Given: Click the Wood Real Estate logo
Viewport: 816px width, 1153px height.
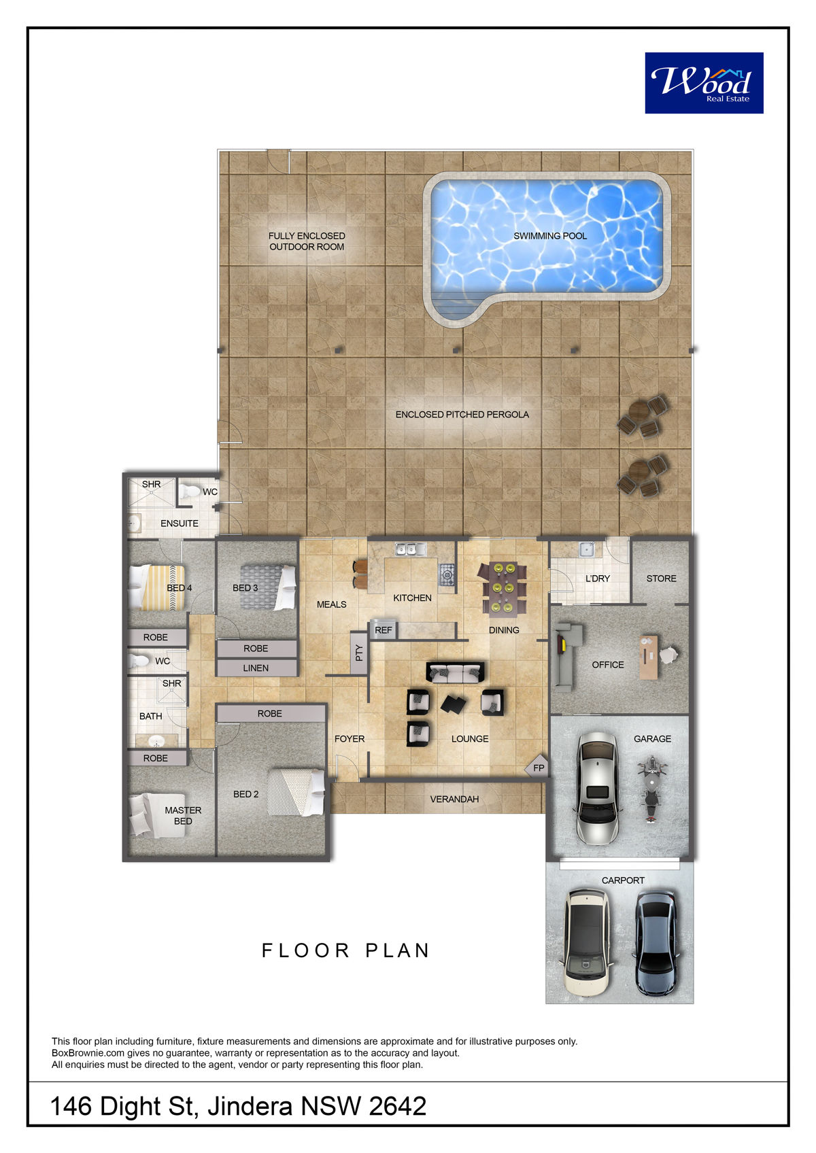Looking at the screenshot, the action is [704, 83].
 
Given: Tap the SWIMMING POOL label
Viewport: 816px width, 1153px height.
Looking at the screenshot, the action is [550, 236].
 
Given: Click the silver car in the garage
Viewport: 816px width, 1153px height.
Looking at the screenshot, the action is [597, 788].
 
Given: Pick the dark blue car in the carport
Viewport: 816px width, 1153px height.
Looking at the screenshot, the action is [656, 943].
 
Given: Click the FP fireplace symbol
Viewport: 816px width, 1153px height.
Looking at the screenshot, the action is [538, 768].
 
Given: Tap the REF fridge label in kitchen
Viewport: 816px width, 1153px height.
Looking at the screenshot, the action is [383, 630].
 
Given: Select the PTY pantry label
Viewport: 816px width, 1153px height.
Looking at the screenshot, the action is [359, 653].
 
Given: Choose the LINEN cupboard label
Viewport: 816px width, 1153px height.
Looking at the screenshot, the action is [256, 668].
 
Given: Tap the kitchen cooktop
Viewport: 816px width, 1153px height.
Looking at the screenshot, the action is [447, 574].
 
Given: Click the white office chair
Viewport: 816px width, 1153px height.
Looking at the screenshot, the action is [668, 655].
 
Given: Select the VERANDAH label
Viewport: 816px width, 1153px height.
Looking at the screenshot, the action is [454, 799].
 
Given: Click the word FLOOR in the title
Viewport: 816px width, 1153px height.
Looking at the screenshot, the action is [306, 950].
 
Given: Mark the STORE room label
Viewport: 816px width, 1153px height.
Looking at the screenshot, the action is [661, 579].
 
